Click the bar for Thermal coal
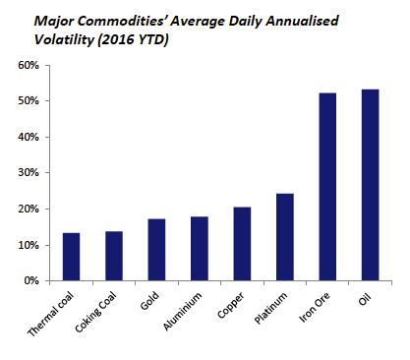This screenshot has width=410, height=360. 71,257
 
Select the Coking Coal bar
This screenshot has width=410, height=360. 113,256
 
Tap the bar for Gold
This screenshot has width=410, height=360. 155,250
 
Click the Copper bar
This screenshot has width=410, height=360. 241,244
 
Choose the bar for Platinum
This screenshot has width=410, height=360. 284,237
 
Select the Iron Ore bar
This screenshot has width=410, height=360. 326,187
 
